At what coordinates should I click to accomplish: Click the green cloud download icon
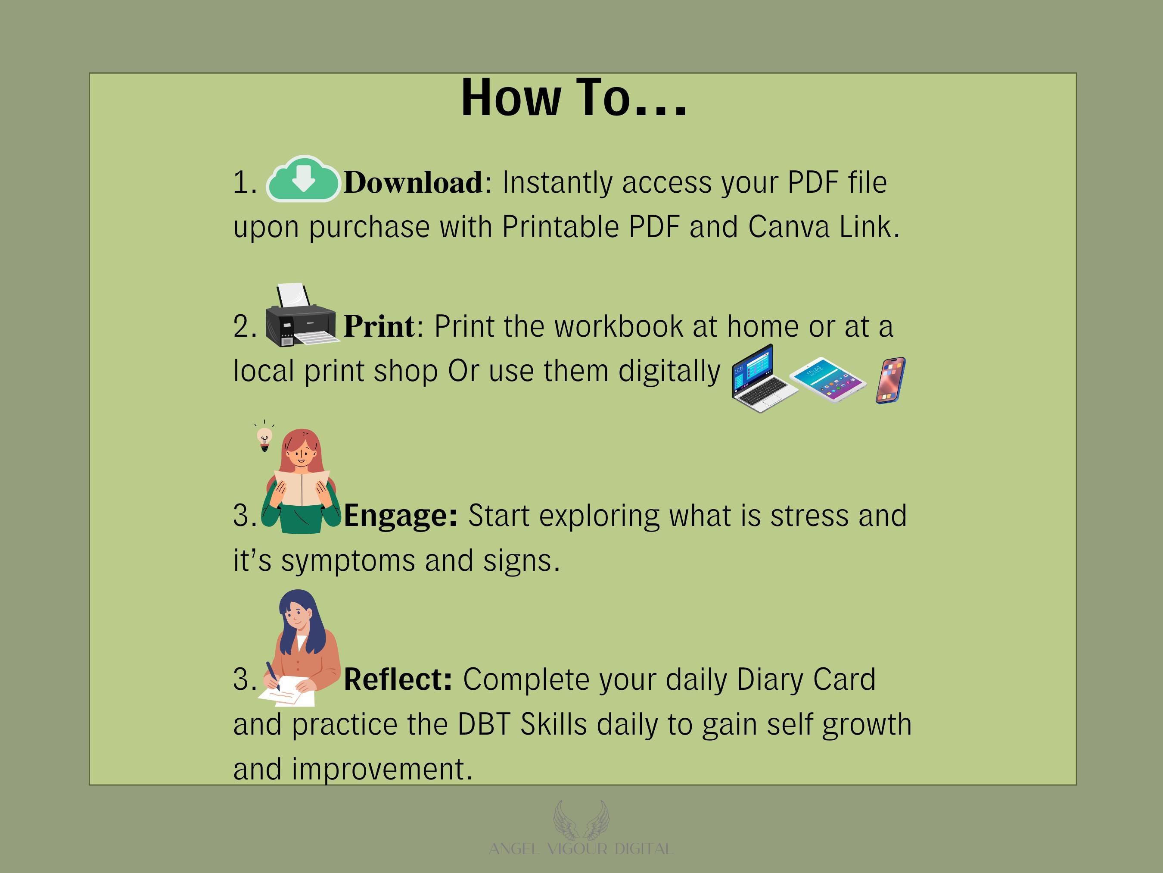point(303,179)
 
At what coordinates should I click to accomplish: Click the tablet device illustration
point(827,379)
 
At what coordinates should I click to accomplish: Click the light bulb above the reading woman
point(264,437)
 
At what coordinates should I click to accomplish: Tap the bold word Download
point(413,183)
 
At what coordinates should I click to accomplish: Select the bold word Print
point(379,326)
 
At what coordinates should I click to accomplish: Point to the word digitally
point(669,372)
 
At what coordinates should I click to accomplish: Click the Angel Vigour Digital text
point(581,849)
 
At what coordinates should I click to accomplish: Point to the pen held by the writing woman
point(273,676)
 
